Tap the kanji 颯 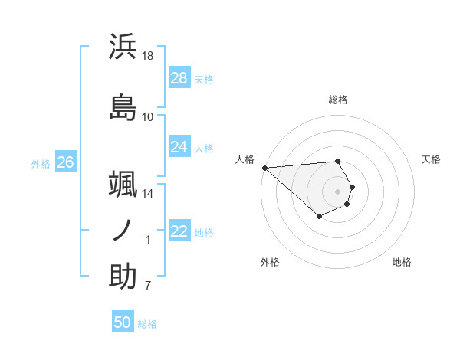(123, 184)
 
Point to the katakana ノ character (123, 230)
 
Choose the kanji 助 (123, 277)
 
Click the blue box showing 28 (179, 78)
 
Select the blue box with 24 (179, 147)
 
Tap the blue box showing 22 (179, 231)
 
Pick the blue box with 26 (65, 162)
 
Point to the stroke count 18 (148, 56)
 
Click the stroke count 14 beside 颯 (148, 194)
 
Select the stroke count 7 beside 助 (148, 286)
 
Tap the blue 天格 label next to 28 (204, 79)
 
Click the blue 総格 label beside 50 (147, 324)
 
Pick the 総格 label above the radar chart (338, 100)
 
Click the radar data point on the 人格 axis (264, 168)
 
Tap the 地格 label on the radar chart (402, 262)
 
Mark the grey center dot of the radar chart (338, 191)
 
